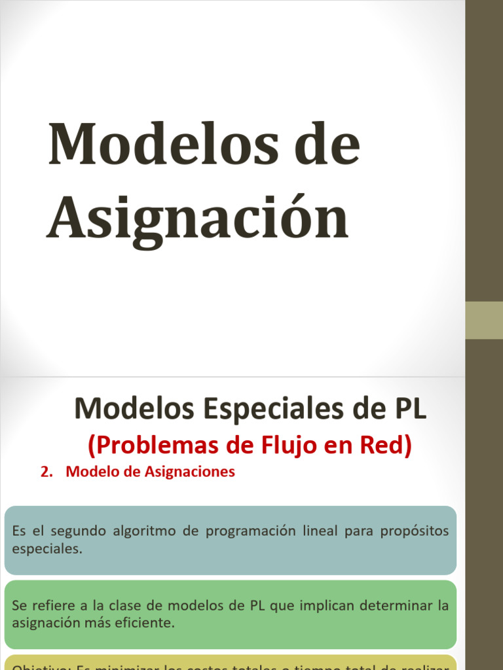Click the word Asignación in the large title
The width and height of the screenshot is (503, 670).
198,219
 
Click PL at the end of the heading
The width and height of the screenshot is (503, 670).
409,409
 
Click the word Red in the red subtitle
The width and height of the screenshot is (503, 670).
388,446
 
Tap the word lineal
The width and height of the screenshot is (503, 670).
320,531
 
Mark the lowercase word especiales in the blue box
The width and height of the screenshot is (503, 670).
47,548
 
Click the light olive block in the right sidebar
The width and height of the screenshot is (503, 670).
484,320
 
